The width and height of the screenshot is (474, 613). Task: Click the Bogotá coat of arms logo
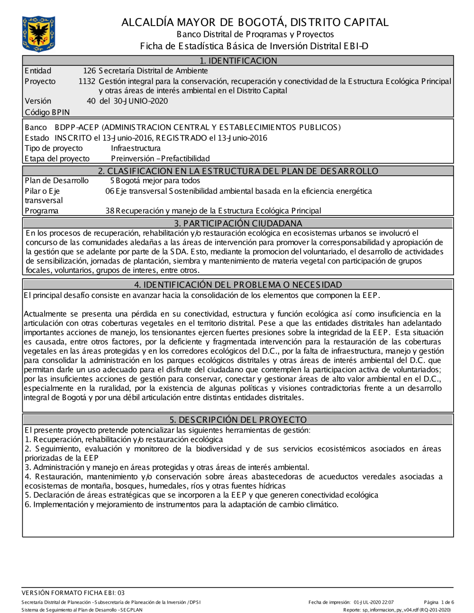coord(38,34)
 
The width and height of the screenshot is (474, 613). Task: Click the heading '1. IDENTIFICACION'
coord(238,61)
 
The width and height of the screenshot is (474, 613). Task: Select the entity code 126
coord(89,71)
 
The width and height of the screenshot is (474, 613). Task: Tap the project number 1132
coord(87,81)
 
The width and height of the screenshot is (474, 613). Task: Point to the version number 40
coord(91,101)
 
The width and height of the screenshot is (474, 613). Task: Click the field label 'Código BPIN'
coord(47,112)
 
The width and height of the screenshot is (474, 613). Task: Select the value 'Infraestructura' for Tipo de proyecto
coord(136,148)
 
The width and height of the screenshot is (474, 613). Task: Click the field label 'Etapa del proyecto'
coord(57,159)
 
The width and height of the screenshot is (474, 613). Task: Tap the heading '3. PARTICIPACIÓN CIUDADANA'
coord(237,223)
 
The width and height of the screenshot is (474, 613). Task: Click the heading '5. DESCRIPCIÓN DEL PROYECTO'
coord(238,420)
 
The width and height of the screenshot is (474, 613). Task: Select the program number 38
coord(109,211)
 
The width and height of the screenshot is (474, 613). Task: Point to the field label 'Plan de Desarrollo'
coord(56,180)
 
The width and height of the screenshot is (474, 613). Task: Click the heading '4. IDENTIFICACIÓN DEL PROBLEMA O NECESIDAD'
coord(238,285)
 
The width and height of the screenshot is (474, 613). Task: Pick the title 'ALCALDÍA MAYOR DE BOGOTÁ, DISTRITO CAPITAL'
coord(255,22)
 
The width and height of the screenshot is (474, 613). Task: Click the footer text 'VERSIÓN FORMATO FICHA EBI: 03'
coord(73,593)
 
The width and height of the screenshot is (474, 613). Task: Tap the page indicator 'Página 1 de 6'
coord(439,602)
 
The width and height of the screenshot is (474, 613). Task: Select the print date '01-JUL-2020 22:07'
coord(374,602)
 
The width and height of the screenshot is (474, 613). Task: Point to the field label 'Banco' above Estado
coord(36,127)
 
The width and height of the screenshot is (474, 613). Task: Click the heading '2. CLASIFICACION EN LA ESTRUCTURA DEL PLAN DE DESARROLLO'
coord(238,171)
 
